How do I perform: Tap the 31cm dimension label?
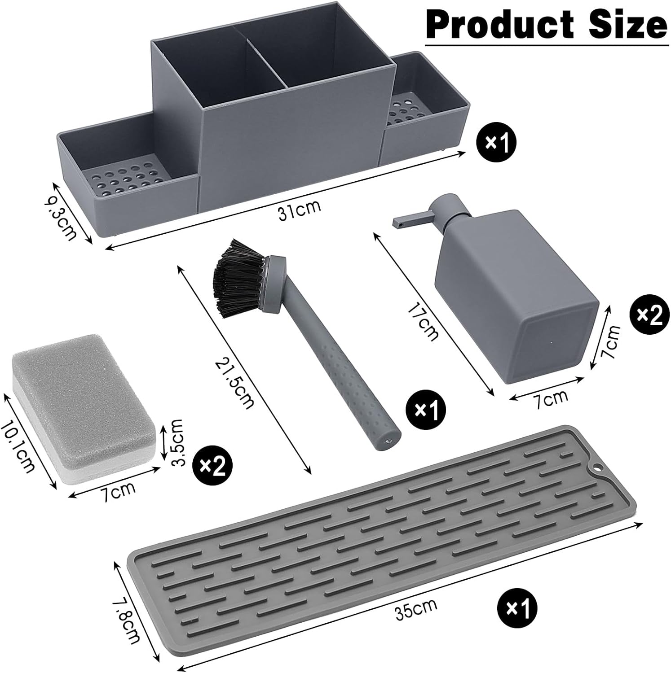(x=300, y=210)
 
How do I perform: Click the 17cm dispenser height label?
(x=422, y=321)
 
